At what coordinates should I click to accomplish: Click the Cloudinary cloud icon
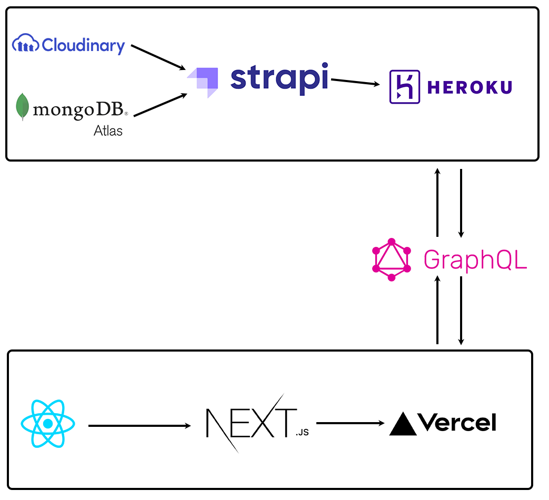[25, 44]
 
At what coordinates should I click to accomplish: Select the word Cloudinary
[83, 45]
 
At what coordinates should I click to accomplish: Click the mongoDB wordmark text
[79, 109]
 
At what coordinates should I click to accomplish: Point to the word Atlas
[108, 131]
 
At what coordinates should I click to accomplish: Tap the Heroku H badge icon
[404, 87]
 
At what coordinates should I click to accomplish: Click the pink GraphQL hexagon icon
[391, 259]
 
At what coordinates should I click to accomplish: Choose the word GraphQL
[475, 259]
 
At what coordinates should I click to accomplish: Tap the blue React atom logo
[48, 424]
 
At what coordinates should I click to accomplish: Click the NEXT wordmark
[250, 423]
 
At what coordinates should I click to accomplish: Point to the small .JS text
[302, 433]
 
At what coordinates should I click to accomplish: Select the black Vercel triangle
[403, 424]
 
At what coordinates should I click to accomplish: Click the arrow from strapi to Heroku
[356, 82]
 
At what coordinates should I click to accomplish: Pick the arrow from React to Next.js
[139, 425]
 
